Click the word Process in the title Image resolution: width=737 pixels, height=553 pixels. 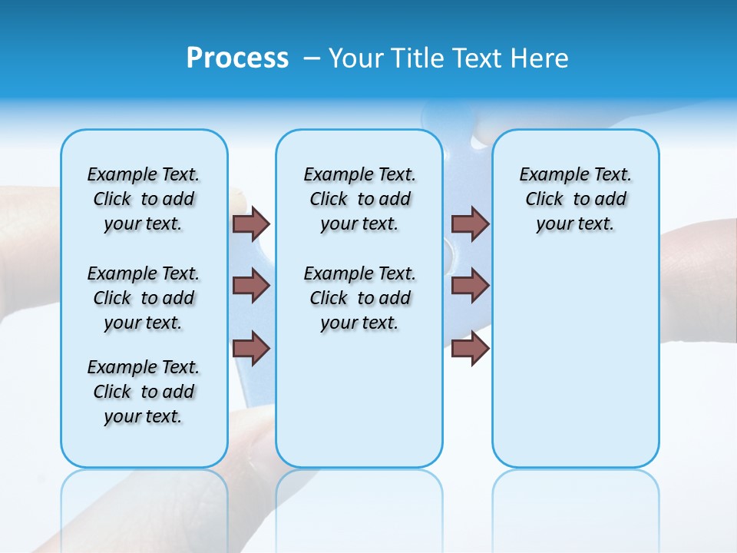pyautogui.click(x=237, y=58)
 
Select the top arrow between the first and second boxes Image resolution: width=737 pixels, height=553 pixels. pyautogui.click(x=251, y=224)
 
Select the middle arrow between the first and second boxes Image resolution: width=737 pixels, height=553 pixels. pyautogui.click(x=251, y=286)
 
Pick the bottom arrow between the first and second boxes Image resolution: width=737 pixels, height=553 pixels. pyautogui.click(x=251, y=348)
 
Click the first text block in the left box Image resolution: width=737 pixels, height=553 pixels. pyautogui.click(x=144, y=199)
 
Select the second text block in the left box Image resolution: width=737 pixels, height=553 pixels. pyautogui.click(x=144, y=298)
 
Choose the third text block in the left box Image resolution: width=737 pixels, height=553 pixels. pyautogui.click(x=144, y=392)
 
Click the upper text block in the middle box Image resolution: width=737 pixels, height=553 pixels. pyautogui.click(x=359, y=199)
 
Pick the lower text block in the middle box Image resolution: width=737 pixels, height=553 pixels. pyautogui.click(x=359, y=298)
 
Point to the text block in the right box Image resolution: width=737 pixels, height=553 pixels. pyautogui.click(x=575, y=199)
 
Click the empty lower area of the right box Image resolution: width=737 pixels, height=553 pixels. pyautogui.click(x=575, y=361)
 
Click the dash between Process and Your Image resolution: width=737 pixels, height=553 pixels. pyautogui.click(x=312, y=58)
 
